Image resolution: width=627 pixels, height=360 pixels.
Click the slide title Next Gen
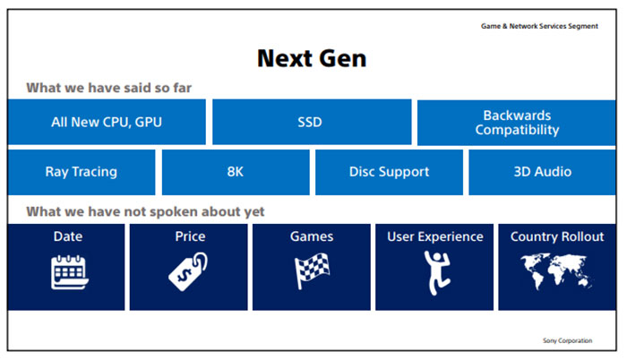pyautogui.click(x=312, y=58)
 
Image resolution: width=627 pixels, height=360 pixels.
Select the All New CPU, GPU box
pyautogui.click(x=107, y=122)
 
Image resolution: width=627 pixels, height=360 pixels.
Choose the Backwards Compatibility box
pyautogui.click(x=517, y=122)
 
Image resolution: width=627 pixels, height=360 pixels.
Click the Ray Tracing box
pyautogui.click(x=81, y=172)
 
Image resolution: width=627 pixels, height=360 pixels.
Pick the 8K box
pyautogui.click(x=236, y=172)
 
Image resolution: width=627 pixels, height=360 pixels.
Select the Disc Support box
pyautogui.click(x=389, y=172)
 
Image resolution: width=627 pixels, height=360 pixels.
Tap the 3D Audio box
pyautogui.click(x=543, y=172)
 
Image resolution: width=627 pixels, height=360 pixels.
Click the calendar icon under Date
pyautogui.click(x=67, y=271)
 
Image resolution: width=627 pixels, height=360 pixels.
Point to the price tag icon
pyautogui.click(x=189, y=270)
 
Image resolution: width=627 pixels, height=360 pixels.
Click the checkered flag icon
pyautogui.click(x=312, y=270)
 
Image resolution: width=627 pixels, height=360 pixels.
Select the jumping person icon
pyautogui.click(x=434, y=270)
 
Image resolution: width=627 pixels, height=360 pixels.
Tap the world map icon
pyautogui.click(x=557, y=270)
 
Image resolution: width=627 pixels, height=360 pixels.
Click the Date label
pyautogui.click(x=67, y=236)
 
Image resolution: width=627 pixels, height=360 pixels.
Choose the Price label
pyautogui.click(x=190, y=236)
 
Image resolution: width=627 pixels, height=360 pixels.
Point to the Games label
pyautogui.click(x=312, y=236)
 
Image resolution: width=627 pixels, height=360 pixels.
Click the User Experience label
pyautogui.click(x=434, y=236)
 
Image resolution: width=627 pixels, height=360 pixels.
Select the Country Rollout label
pyautogui.click(x=557, y=236)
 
